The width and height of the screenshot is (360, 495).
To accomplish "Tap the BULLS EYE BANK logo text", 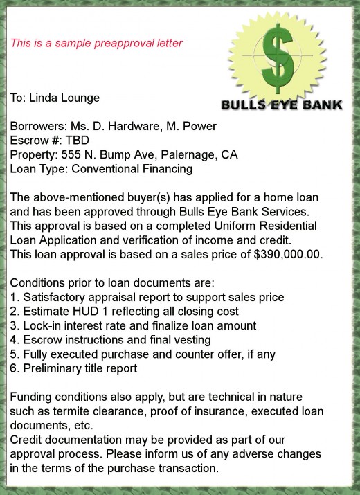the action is [281, 105].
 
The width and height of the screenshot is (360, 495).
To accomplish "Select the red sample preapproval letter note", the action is [96, 43].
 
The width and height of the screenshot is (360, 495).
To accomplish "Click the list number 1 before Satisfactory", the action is [13, 297].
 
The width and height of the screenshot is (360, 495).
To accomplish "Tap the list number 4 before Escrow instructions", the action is [13, 340].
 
